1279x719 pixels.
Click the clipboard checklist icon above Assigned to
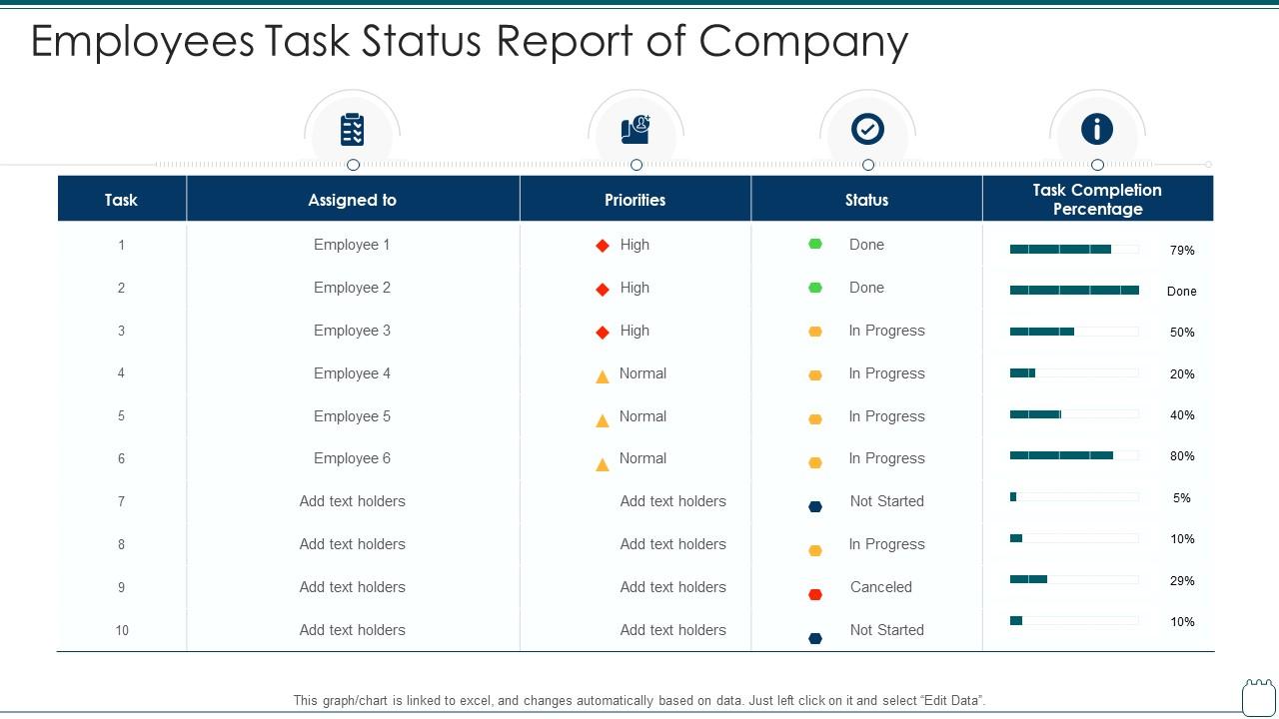pyautogui.click(x=352, y=130)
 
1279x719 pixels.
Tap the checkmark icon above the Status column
pyautogui.click(x=866, y=130)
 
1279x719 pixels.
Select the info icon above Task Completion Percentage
pyautogui.click(x=1096, y=130)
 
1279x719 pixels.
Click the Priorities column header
pyautogui.click(x=635, y=200)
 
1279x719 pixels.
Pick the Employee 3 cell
pyautogui.click(x=352, y=331)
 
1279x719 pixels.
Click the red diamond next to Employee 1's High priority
pyautogui.click(x=603, y=246)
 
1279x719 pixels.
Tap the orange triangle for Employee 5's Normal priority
pyautogui.click(x=603, y=420)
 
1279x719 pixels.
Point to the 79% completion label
pyautogui.click(x=1182, y=251)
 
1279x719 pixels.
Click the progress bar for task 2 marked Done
pyautogui.click(x=1074, y=291)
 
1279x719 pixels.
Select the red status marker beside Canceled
pyautogui.click(x=815, y=594)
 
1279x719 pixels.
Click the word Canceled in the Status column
pyautogui.click(x=880, y=587)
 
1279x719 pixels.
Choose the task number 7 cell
pyautogui.click(x=121, y=501)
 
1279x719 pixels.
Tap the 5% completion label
pyautogui.click(x=1182, y=498)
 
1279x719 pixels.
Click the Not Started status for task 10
pyautogui.click(x=886, y=630)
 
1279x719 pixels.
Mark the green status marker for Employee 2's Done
pyautogui.click(x=815, y=288)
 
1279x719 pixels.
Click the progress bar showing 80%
pyautogui.click(x=1074, y=455)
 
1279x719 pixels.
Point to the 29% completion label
pyautogui.click(x=1182, y=581)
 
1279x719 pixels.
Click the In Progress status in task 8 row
pyautogui.click(x=886, y=544)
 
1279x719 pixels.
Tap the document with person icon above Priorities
pyautogui.click(x=636, y=130)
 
